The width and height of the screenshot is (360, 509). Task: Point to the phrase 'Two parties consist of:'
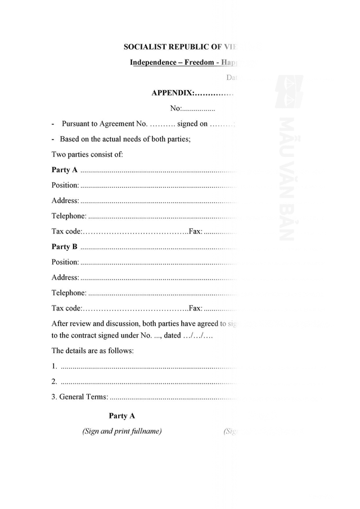87,154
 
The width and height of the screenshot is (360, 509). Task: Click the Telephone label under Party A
69,216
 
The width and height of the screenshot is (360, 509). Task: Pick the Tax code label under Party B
66,308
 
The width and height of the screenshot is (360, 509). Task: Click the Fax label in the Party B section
196,308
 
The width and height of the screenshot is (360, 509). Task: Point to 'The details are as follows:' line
93,350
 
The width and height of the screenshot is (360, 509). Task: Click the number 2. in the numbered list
54,381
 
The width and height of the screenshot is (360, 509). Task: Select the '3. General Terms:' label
79,397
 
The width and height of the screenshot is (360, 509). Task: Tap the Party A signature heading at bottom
122,416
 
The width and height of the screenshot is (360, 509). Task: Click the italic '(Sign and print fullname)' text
122,431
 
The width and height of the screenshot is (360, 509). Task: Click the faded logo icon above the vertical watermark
289,92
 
